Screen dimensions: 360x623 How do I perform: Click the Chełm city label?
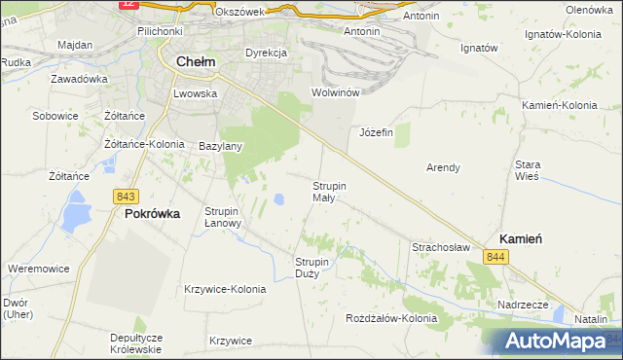197,62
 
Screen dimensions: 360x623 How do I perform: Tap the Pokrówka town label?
152,214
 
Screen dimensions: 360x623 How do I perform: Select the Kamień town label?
520,238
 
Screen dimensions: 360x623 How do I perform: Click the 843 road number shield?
124,196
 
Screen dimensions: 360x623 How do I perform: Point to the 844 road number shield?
496,257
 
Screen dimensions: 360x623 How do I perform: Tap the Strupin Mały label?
329,191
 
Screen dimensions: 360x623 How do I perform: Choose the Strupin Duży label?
313,267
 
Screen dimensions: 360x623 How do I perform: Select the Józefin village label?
376,132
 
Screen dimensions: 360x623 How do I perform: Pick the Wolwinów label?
336,92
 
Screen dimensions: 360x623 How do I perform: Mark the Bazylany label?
220,146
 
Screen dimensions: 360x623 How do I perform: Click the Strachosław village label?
441,247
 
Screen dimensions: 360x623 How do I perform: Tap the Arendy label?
443,167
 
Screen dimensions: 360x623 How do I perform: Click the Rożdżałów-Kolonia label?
392,318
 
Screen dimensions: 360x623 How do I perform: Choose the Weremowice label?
37,268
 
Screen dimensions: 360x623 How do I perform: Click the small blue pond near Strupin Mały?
279,199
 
